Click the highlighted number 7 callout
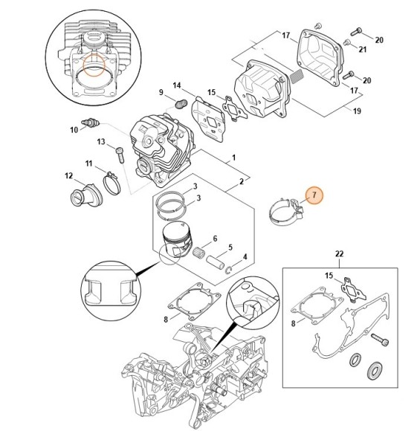pos(314,195)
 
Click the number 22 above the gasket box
pos(339,254)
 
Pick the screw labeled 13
pos(118,154)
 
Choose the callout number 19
pos(357,112)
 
